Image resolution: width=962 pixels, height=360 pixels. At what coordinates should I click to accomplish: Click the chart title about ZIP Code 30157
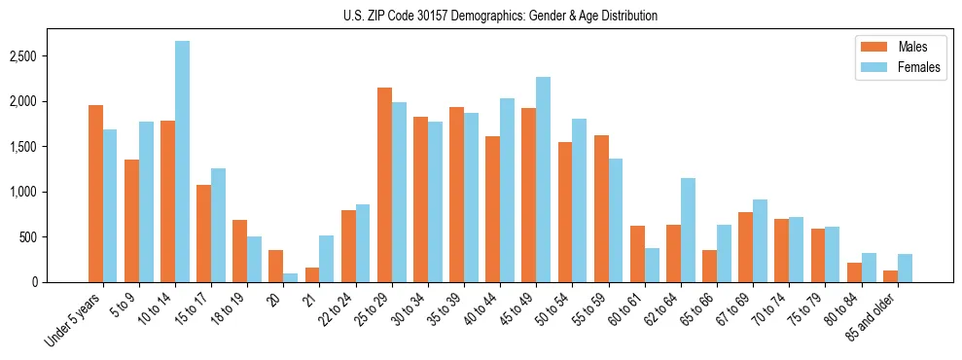coord(500,16)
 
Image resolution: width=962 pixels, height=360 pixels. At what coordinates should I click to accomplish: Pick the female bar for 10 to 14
coord(183,162)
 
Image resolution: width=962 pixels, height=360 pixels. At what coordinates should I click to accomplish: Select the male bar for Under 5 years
coord(95,194)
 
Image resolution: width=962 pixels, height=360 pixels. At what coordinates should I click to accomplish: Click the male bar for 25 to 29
coord(384,185)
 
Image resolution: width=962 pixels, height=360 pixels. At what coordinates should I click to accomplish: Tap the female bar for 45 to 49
coord(543,179)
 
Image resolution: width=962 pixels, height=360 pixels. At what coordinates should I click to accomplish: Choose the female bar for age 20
coord(291,277)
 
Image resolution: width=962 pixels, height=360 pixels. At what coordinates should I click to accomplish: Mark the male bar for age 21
coord(312,274)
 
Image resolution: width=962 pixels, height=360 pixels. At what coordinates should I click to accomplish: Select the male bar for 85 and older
coord(890,276)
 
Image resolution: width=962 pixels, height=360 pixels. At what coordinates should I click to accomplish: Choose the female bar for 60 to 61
coord(652,265)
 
